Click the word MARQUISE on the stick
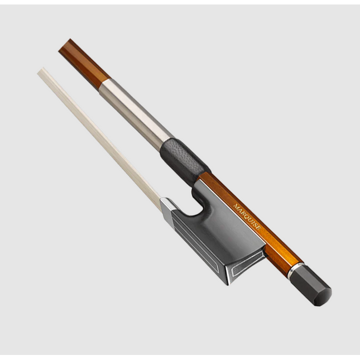247,217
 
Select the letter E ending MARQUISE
258,227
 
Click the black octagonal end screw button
311,285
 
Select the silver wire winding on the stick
136,115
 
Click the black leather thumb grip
185,162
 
